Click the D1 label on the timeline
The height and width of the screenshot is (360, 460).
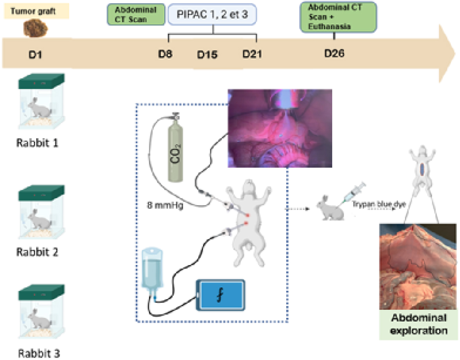pyautogui.click(x=35, y=55)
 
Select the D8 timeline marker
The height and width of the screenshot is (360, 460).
pyautogui.click(x=165, y=54)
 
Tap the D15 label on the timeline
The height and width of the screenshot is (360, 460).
pyautogui.click(x=207, y=55)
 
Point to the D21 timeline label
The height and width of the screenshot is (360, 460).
pyautogui.click(x=252, y=54)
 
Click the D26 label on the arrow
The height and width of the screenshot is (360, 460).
pyautogui.click(x=334, y=53)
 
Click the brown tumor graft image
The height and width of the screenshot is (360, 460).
pyautogui.click(x=35, y=28)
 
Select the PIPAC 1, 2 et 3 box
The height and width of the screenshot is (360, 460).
pyautogui.click(x=212, y=15)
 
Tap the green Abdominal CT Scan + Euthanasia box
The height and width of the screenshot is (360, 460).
pyautogui.click(x=338, y=17)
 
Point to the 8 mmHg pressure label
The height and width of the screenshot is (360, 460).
pyautogui.click(x=165, y=205)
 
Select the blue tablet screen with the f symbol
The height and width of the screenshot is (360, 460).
pyautogui.click(x=221, y=295)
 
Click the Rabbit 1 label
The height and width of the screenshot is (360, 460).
pyautogui.click(x=37, y=143)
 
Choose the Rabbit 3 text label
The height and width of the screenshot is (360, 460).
pyautogui.click(x=39, y=353)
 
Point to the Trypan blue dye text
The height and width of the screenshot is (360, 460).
pyautogui.click(x=379, y=204)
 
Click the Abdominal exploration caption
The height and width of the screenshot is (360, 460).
pyautogui.click(x=418, y=324)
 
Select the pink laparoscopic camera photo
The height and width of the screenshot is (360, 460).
pyautogui.click(x=280, y=128)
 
